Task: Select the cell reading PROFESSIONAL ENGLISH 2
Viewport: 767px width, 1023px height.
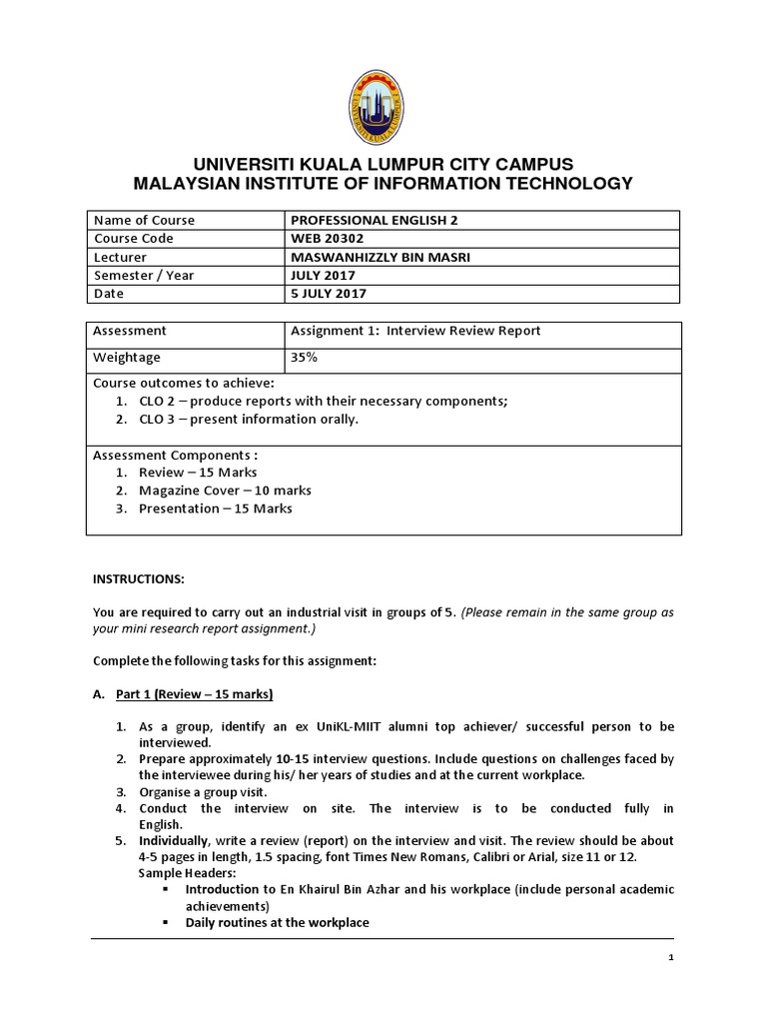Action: pos(365,220)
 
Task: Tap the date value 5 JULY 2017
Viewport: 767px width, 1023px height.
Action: pos(329,294)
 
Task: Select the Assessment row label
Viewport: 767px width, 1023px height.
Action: pos(130,331)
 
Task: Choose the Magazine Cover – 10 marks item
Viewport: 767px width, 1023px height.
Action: pos(225,491)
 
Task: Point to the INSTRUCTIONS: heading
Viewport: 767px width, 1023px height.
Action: pos(139,579)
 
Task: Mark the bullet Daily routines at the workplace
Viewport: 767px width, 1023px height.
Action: pos(277,922)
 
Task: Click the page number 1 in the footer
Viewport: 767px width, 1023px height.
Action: pos(671,957)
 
